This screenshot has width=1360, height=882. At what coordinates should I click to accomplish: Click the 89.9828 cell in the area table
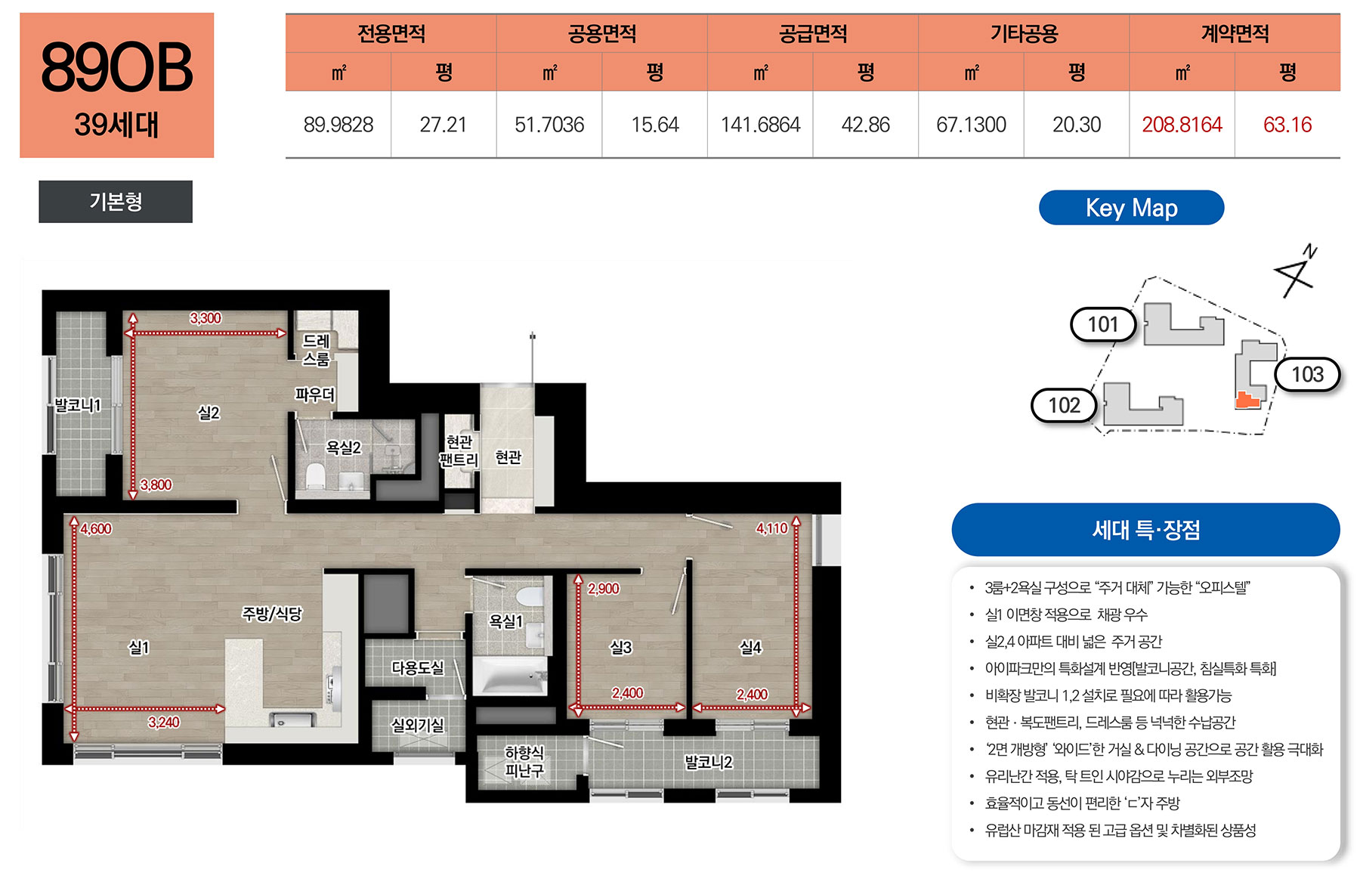coord(338,125)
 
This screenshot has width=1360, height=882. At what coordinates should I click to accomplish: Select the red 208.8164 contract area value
coord(1182,125)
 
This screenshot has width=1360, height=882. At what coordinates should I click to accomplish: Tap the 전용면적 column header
coord(391,34)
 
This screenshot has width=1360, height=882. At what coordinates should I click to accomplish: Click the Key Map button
coord(1131,208)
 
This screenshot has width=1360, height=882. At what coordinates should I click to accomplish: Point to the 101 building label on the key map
coord(1103,325)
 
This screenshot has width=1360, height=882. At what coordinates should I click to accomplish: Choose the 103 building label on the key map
coord(1307,375)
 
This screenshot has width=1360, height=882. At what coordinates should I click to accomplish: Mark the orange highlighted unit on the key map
coord(1247,400)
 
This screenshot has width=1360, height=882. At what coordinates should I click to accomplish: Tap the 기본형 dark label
coord(116,202)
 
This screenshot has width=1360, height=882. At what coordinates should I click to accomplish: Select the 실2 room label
coord(209,413)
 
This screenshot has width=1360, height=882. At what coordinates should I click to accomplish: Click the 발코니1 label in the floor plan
coord(77,405)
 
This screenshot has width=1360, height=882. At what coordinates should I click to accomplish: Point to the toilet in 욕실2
coord(315,476)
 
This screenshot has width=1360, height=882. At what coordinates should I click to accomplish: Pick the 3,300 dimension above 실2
coord(206,318)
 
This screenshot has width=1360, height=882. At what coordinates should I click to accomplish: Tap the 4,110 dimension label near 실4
coord(771,528)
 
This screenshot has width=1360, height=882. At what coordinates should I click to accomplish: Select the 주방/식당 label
coord(271,613)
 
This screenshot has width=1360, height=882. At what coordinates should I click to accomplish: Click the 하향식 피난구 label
coord(524,762)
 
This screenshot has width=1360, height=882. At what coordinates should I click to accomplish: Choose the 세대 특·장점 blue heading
coord(1145,530)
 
